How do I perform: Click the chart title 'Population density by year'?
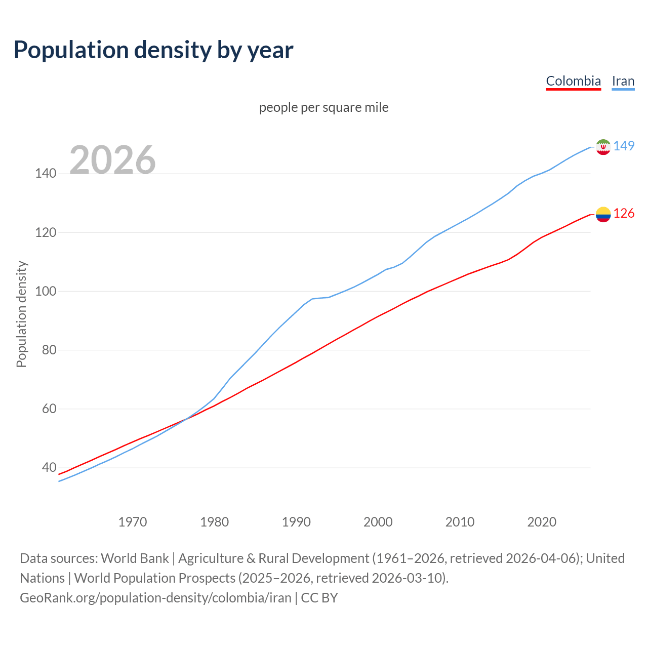click(x=153, y=50)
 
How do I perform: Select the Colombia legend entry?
click(x=573, y=81)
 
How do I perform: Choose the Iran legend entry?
click(x=623, y=81)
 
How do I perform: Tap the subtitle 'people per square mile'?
click(x=323, y=107)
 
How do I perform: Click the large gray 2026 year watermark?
click(x=112, y=160)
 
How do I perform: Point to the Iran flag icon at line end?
click(x=602, y=147)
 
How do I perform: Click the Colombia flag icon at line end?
click(x=602, y=214)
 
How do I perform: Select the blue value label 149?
click(x=624, y=146)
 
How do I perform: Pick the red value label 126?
click(x=624, y=213)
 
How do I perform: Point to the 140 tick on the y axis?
click(x=46, y=174)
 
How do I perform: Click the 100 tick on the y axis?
click(x=46, y=292)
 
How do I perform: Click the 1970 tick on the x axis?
click(x=133, y=522)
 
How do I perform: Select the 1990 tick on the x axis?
click(x=296, y=522)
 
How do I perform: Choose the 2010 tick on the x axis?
click(x=460, y=522)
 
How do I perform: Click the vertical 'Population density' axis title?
click(x=21, y=314)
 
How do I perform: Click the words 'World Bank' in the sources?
click(x=135, y=558)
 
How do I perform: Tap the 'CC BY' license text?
click(x=319, y=598)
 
